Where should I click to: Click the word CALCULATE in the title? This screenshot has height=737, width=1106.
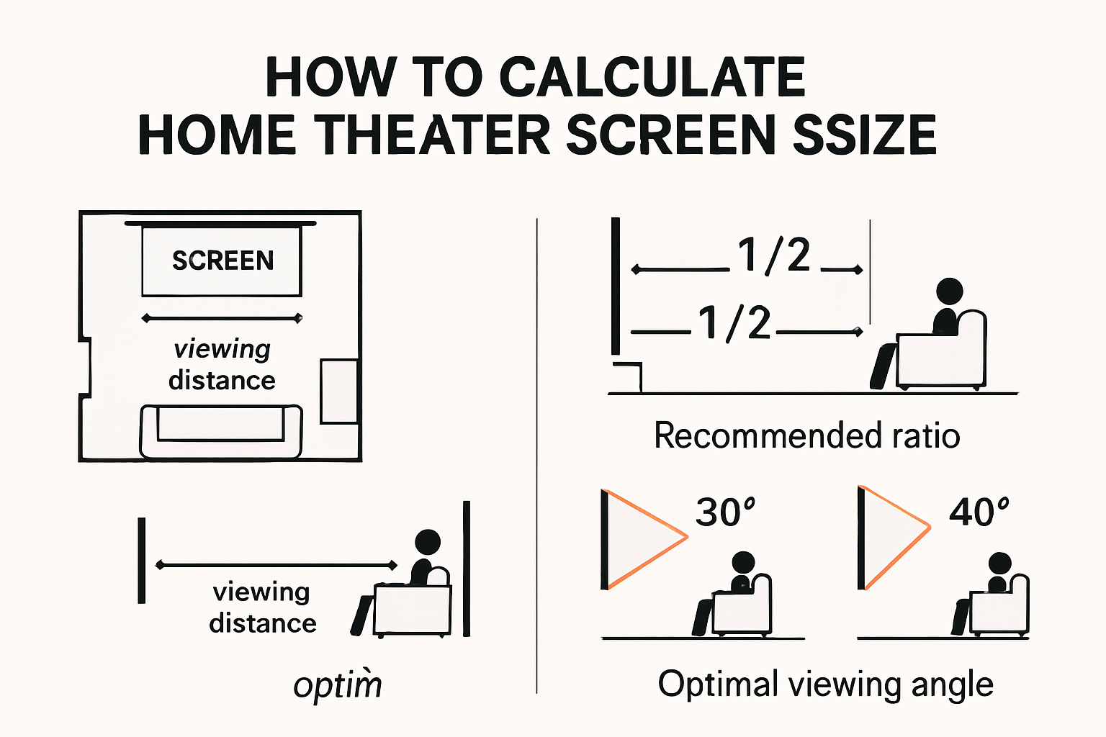(x=652, y=77)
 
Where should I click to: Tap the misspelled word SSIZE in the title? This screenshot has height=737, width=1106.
(x=864, y=135)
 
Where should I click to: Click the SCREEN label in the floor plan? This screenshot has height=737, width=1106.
(x=222, y=261)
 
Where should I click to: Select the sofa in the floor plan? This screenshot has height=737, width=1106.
(x=221, y=431)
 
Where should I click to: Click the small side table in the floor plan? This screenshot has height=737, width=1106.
(x=338, y=391)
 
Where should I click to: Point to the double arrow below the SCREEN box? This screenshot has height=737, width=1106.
(x=222, y=318)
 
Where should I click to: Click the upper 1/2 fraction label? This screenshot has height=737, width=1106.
(x=774, y=256)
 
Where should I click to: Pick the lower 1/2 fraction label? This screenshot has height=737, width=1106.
(x=735, y=323)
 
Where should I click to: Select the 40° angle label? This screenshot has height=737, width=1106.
(x=979, y=512)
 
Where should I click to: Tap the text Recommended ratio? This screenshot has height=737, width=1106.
(x=806, y=436)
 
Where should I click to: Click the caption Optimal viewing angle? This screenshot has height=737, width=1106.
(x=825, y=684)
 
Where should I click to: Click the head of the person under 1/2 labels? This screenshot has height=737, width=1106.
(x=949, y=292)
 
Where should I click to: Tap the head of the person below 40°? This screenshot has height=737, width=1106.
(x=999, y=564)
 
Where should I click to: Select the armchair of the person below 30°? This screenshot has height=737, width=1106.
(x=742, y=609)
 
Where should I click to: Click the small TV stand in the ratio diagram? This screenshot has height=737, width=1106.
(x=626, y=376)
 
